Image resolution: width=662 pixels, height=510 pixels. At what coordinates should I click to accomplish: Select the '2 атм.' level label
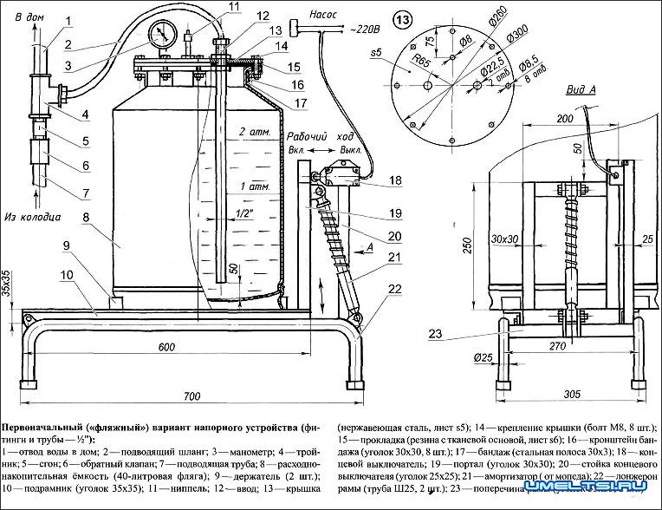254,132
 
